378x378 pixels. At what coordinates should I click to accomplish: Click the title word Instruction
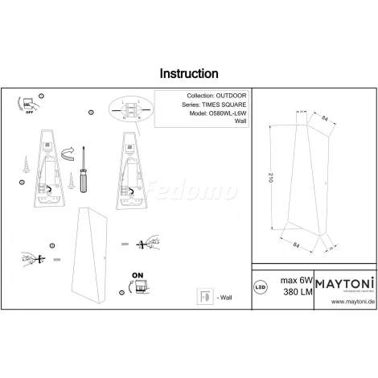[189, 73]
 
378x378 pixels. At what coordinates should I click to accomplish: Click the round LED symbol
[259, 286]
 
